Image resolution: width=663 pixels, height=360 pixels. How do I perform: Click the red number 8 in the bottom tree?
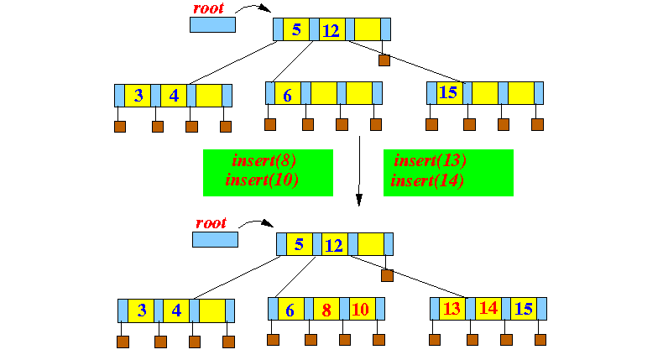coord(326,310)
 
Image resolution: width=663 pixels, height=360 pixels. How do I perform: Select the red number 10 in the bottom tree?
coord(360,310)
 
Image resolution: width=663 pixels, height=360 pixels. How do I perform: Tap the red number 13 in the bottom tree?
coord(451,309)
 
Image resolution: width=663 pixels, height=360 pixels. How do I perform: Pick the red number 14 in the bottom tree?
coord(488,309)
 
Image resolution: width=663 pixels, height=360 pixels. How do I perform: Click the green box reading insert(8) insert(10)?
coord(268,172)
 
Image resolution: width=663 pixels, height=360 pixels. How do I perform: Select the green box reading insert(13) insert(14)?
coord(448,172)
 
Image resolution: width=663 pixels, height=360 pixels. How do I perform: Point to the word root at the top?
coord(209,8)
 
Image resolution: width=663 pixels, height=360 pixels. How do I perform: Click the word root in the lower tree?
coord(211,223)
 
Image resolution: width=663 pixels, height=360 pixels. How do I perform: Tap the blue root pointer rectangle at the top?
coord(212,24)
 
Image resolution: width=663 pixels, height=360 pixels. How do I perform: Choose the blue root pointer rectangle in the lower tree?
coord(215,239)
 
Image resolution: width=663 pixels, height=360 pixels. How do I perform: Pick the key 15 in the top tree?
coord(448,92)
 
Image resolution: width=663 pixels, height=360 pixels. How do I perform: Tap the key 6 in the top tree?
coord(287,94)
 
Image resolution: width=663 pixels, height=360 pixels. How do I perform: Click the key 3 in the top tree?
coord(138,95)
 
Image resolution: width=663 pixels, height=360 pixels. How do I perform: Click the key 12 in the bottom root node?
coord(334,245)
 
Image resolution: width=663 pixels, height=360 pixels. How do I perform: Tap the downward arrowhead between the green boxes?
coord(359,201)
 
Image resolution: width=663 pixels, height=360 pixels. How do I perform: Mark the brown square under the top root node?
coord(384,60)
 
